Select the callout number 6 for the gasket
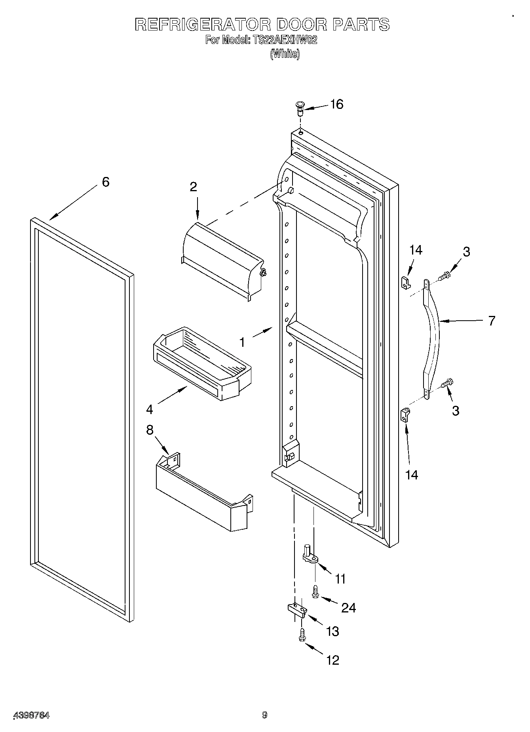click(x=105, y=182)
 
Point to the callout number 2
click(x=193, y=187)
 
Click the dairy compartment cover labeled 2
click(x=222, y=259)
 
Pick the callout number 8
click(x=150, y=430)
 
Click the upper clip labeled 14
click(x=404, y=282)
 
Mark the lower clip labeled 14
click(x=405, y=415)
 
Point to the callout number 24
click(x=348, y=607)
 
